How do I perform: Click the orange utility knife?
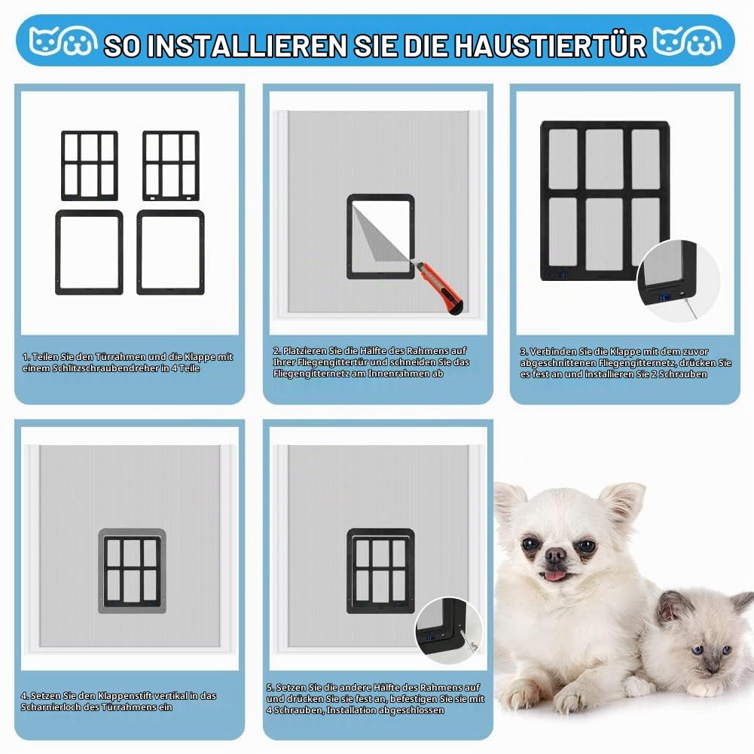(439, 288)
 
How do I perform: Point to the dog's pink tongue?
(554, 575)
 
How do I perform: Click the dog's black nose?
(556, 554)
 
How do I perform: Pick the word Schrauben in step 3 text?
(683, 374)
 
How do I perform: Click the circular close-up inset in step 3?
(678, 280)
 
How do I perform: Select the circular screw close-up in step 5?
(449, 631)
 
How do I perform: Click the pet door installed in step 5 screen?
(380, 571)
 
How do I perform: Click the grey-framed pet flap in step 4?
(133, 571)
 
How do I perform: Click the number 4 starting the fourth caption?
(23, 696)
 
